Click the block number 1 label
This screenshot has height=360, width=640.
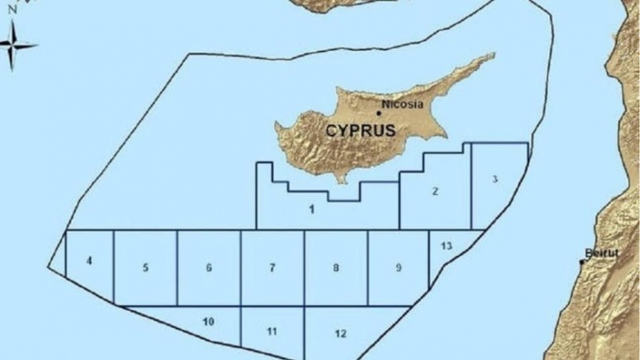(x=311, y=209)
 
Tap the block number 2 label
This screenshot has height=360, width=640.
(x=434, y=191)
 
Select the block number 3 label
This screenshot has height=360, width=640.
(x=495, y=179)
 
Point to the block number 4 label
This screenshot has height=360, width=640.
(x=89, y=261)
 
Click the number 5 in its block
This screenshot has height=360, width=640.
(x=145, y=268)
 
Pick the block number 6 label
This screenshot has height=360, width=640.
(x=208, y=268)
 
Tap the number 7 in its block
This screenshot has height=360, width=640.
(x=272, y=268)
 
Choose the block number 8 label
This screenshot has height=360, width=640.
(x=336, y=268)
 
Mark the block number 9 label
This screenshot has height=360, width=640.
(x=398, y=268)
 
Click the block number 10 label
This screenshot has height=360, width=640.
(x=208, y=322)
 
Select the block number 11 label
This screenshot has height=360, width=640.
(x=272, y=332)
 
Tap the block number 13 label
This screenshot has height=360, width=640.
(x=446, y=246)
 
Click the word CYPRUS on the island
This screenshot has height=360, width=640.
(x=361, y=131)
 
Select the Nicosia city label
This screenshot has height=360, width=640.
(x=402, y=104)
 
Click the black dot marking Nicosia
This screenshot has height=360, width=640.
(x=378, y=112)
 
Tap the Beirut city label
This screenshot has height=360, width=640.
(x=596, y=253)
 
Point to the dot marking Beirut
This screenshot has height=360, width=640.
(x=582, y=262)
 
